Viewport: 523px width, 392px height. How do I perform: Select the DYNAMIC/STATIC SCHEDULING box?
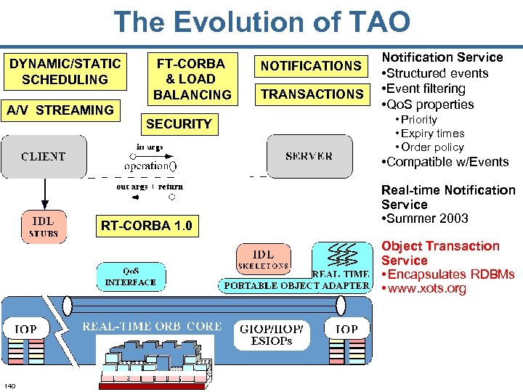(x=65, y=71)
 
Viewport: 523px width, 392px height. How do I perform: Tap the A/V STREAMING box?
(x=60, y=110)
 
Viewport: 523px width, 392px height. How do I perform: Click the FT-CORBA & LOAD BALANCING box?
(x=192, y=78)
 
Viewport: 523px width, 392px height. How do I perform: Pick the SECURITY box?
(x=179, y=124)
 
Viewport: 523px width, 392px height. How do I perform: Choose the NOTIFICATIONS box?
(x=311, y=66)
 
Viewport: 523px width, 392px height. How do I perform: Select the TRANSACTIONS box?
(x=312, y=94)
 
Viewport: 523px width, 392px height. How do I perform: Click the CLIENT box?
(x=44, y=156)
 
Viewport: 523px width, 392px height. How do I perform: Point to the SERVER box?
(x=309, y=156)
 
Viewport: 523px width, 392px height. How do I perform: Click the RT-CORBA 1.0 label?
(x=147, y=226)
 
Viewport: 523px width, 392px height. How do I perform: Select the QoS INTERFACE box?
(x=130, y=277)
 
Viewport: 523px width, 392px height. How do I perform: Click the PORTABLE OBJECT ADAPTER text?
(x=296, y=285)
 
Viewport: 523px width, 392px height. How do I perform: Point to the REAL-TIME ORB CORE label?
(x=152, y=327)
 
